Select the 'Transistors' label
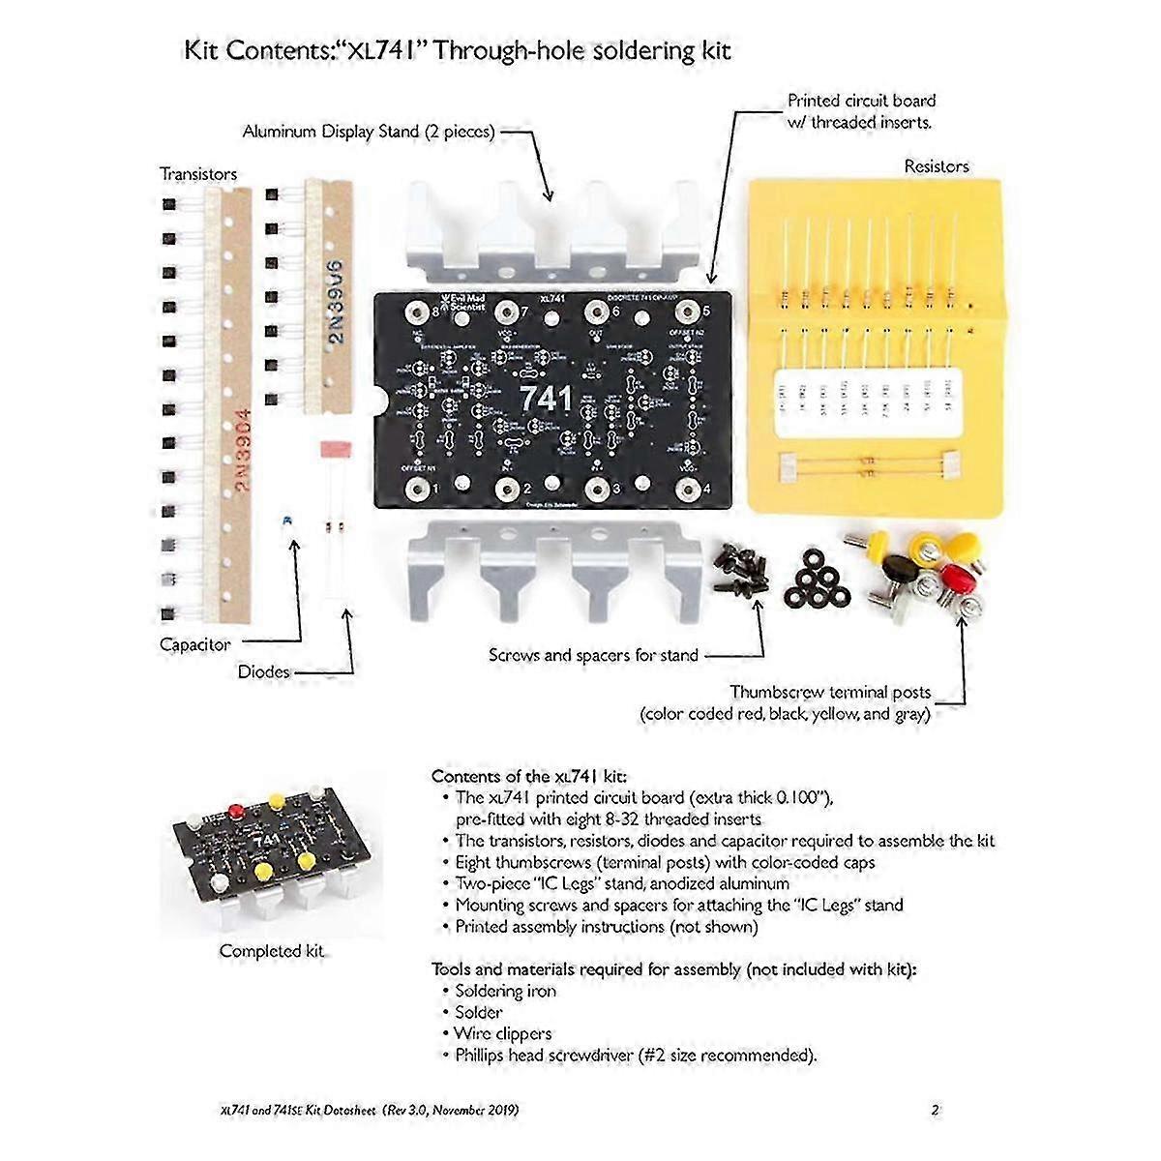198,174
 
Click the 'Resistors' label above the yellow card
936,166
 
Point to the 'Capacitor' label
194,644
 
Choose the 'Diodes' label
263,671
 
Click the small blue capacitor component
284,521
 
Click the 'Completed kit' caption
271,951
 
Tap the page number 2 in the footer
935,1111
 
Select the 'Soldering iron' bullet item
505,991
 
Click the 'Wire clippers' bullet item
503,1033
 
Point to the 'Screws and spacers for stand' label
592,655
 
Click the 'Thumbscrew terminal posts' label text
830,692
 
